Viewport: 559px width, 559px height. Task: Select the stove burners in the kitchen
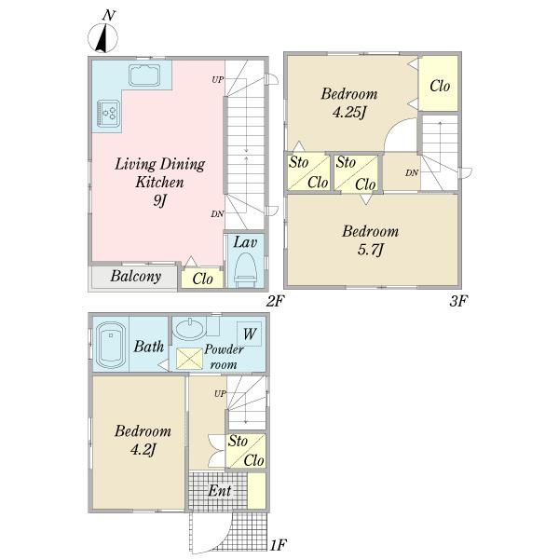coord(107,114)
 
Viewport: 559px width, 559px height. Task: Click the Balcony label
coord(136,277)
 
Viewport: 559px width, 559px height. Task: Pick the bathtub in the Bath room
coord(110,345)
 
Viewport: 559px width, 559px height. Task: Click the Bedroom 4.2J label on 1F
coord(143,441)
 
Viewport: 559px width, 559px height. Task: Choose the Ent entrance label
coord(220,490)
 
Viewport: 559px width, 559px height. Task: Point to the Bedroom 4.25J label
coord(349,103)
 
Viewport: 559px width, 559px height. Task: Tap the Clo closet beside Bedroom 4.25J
coord(440,86)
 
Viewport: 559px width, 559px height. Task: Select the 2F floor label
coord(273,301)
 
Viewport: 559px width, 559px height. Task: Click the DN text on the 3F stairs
coord(412,173)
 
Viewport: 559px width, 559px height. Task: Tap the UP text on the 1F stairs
coord(220,394)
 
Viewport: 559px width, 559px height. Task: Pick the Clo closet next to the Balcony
coord(202,278)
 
